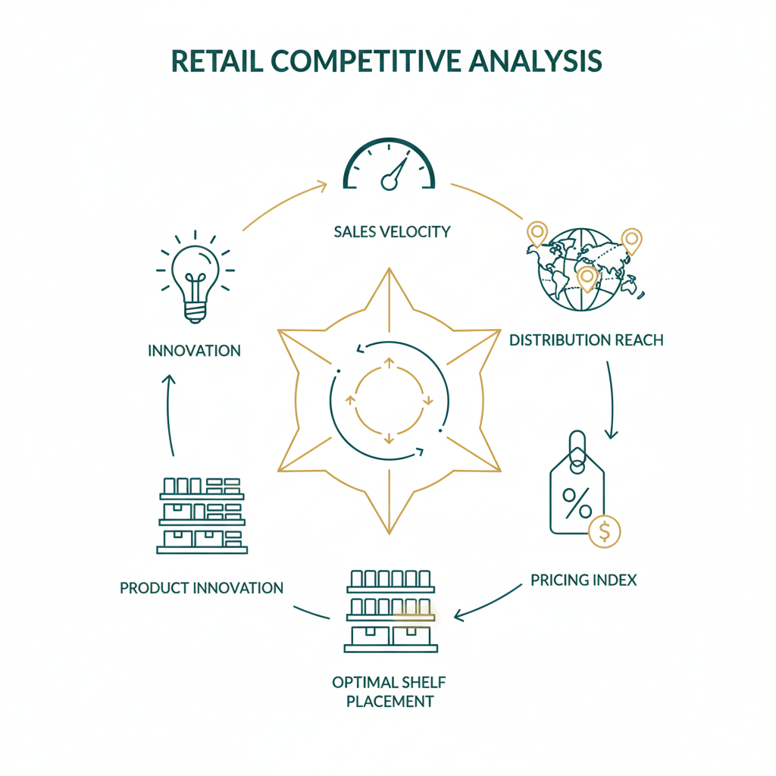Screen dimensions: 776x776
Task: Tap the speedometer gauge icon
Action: (x=389, y=165)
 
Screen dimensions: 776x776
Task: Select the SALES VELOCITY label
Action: (x=392, y=231)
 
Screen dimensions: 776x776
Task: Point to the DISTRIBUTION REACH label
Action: (x=586, y=340)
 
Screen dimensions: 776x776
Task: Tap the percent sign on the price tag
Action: (x=576, y=502)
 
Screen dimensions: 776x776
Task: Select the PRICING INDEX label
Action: (x=584, y=580)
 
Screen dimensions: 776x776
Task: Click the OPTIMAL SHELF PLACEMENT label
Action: (x=390, y=691)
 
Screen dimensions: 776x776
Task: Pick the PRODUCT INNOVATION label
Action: (x=202, y=588)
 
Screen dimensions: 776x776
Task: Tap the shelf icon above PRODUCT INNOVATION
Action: (x=202, y=515)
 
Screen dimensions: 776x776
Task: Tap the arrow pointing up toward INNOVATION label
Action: (x=170, y=413)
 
